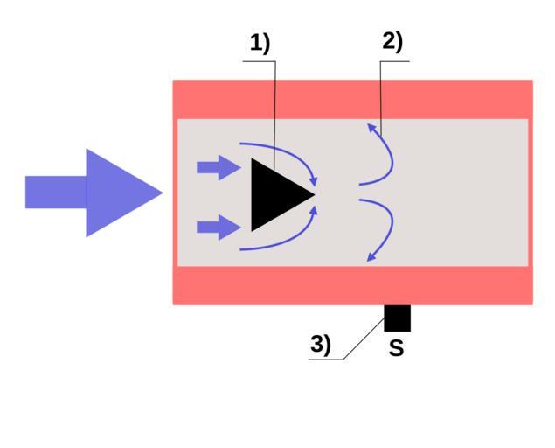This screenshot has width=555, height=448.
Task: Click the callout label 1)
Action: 260,43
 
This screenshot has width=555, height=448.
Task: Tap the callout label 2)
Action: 392,41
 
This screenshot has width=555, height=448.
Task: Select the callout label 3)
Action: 321,345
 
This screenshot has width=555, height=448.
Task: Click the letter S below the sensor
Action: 396,348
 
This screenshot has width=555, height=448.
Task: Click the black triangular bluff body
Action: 274,194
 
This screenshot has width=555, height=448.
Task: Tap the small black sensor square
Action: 397,318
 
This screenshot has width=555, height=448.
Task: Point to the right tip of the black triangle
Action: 312,194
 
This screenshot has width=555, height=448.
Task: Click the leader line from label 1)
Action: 274,114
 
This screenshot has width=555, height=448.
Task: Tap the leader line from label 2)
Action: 381,96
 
